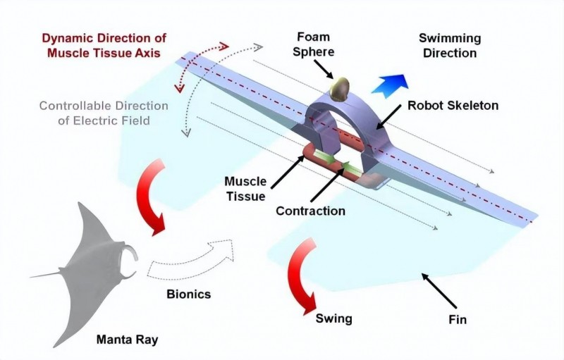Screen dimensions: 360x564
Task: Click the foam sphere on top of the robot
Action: (339, 87)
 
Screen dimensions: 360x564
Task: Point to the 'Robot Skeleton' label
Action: (453, 106)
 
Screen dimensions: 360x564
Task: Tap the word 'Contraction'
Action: (310, 211)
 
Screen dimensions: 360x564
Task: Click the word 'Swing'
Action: (334, 319)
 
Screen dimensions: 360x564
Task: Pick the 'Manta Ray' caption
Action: (128, 340)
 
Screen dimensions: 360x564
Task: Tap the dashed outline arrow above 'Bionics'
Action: (191, 261)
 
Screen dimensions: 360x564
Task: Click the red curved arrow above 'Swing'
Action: (304, 274)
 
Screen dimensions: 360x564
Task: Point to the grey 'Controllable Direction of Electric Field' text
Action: (104, 113)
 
